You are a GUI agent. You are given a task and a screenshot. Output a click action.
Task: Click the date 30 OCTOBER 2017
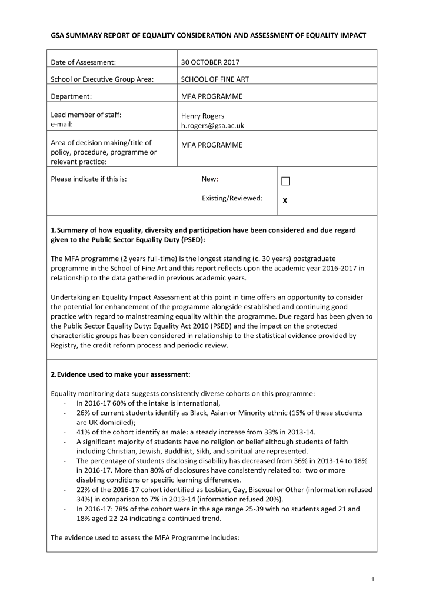(x=210, y=62)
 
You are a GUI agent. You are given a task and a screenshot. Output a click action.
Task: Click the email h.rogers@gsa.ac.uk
(x=212, y=125)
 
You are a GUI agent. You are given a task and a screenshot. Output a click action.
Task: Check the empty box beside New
(x=285, y=180)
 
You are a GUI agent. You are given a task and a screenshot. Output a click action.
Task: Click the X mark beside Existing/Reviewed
(x=285, y=200)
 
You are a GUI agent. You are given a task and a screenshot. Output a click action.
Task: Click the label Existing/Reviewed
(x=232, y=198)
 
